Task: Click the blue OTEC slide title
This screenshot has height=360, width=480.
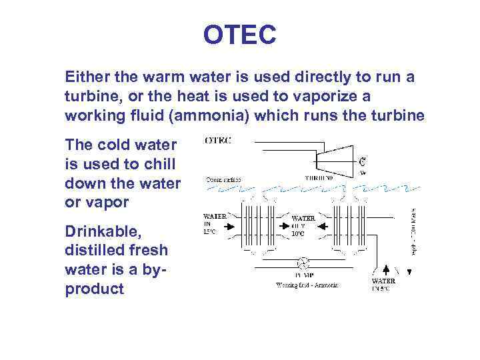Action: coord(240,35)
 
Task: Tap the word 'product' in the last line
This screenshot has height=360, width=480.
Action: coord(95,289)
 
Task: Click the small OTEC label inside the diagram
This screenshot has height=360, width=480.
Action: coord(219,141)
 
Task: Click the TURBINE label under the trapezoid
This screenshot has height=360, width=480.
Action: coord(321,178)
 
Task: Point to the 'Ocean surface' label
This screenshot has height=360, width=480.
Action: coord(223,179)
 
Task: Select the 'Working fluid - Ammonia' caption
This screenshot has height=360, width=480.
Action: coord(307,285)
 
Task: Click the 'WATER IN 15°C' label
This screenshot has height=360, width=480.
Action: coord(214,225)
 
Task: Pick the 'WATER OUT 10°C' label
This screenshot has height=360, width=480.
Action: coord(303,225)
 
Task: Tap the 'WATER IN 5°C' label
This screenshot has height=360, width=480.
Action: coord(383,285)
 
